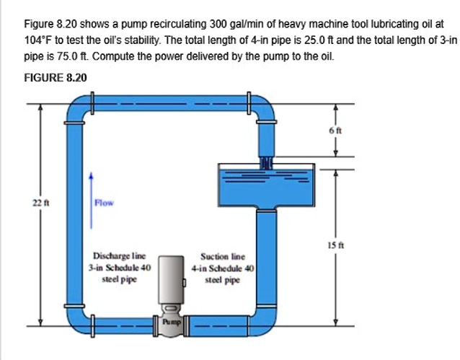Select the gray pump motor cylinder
[172, 278]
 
